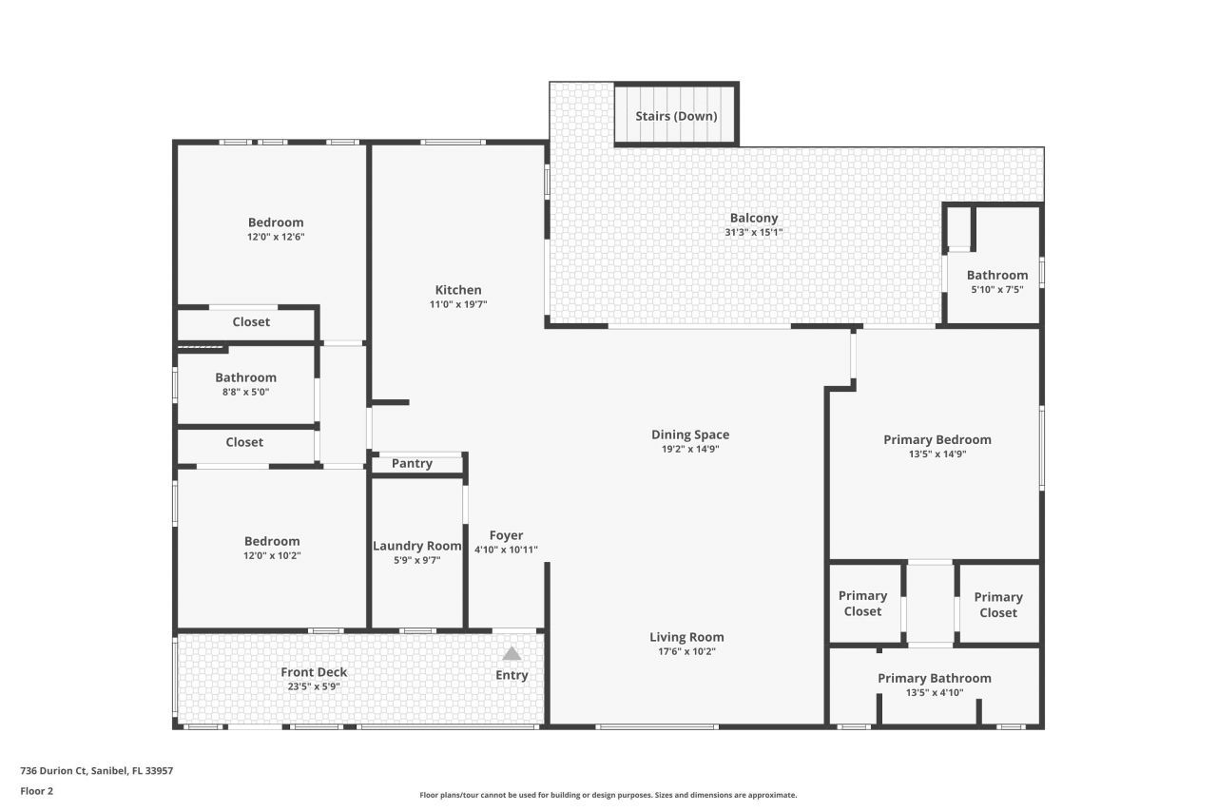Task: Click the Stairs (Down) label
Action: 676,116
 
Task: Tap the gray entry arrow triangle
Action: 512,653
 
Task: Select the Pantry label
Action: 412,464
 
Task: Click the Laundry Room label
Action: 416,546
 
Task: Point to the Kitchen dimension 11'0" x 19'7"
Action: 458,305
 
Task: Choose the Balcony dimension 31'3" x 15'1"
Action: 754,232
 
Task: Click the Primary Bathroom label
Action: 934,678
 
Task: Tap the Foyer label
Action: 506,535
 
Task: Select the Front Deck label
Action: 314,672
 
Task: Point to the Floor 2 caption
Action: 37,791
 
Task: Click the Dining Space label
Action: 690,434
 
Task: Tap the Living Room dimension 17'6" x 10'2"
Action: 686,652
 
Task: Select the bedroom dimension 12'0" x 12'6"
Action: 276,237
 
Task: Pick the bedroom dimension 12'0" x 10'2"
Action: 272,556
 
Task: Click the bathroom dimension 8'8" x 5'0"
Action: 245,392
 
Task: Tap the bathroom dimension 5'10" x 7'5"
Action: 996,290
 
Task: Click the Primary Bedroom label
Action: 937,439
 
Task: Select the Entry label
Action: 512,675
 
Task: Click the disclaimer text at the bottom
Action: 608,795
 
